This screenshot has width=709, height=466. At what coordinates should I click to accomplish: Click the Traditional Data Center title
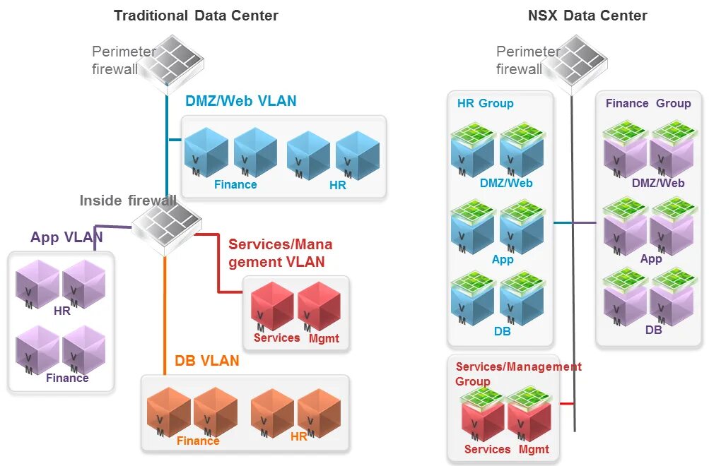pos(196,16)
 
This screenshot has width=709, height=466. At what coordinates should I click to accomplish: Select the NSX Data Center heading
pos(587,16)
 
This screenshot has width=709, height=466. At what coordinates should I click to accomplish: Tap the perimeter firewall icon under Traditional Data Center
pos(170,64)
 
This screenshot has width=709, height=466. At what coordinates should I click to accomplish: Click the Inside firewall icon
pos(167,227)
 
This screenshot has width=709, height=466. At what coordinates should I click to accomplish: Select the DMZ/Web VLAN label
pos(241,101)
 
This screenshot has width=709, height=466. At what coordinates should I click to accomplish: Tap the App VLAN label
pos(66,237)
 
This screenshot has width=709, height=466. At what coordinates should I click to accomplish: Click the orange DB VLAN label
pos(207,361)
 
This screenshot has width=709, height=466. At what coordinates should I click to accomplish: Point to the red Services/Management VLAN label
pos(280,253)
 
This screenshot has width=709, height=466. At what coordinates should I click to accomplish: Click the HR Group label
pos(486,103)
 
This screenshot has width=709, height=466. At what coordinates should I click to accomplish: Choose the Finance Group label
pos(648,103)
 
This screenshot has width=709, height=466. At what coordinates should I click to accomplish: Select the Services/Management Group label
pos(518,374)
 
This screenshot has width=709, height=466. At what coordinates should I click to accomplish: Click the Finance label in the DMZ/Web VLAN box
pos(235,184)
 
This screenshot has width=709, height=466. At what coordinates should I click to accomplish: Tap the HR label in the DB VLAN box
pos(299,437)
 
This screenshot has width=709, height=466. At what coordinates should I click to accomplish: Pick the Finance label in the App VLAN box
pos(67,378)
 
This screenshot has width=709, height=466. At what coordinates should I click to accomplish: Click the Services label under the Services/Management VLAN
pos(277,337)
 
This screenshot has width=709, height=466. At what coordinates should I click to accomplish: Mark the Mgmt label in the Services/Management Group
pos(534,449)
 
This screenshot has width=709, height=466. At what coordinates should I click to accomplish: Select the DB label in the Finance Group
pos(653,329)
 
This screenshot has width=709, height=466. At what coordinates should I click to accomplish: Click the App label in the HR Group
pos(503,259)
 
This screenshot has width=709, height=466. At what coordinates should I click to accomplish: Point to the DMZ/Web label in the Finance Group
pos(658,183)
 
